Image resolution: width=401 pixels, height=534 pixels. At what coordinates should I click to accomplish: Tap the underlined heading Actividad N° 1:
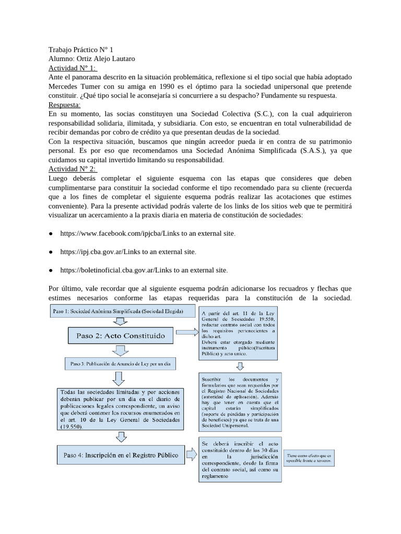coord(73,68)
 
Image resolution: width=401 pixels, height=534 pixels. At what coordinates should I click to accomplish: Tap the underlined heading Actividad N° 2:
coord(73,169)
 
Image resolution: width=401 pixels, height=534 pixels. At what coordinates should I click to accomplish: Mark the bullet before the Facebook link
coord(51,233)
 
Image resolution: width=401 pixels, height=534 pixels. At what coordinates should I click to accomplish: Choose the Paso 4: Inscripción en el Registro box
coord(121,455)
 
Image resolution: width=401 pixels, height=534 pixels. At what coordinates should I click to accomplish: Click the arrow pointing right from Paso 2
coord(187,332)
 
